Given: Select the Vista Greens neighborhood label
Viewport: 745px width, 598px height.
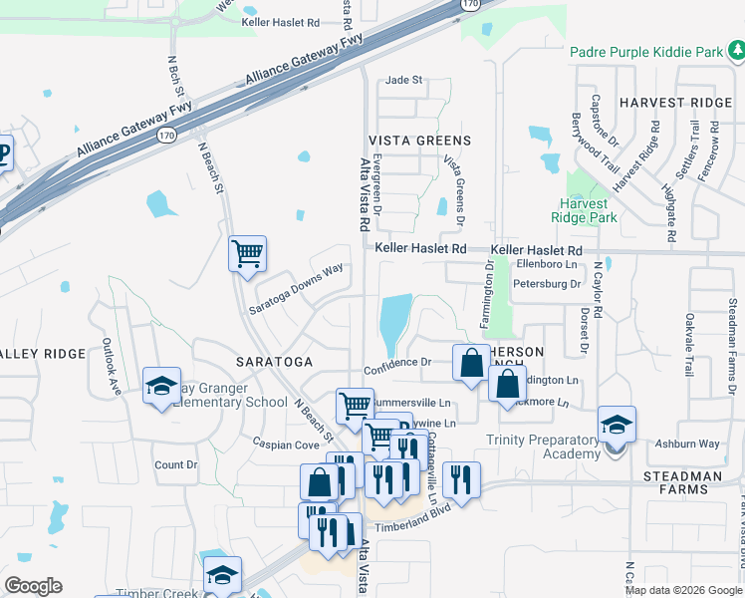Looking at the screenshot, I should [419, 141].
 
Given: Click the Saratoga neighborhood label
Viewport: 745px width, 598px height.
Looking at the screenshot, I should [275, 360].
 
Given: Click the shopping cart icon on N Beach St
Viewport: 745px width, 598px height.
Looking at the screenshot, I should [247, 253].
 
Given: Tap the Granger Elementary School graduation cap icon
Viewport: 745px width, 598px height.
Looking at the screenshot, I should [160, 387].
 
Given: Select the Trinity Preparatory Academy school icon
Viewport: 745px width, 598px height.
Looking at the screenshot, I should [617, 425].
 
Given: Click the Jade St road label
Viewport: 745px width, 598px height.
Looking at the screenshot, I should [404, 80].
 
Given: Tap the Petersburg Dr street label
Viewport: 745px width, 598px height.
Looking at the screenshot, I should [546, 284].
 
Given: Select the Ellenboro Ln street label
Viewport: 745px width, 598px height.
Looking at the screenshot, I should [547, 264].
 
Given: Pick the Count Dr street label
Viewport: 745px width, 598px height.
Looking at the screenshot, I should [176, 464].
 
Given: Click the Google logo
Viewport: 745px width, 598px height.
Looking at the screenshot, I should [34, 586].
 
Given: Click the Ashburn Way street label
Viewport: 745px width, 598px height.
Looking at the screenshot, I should [687, 444].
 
